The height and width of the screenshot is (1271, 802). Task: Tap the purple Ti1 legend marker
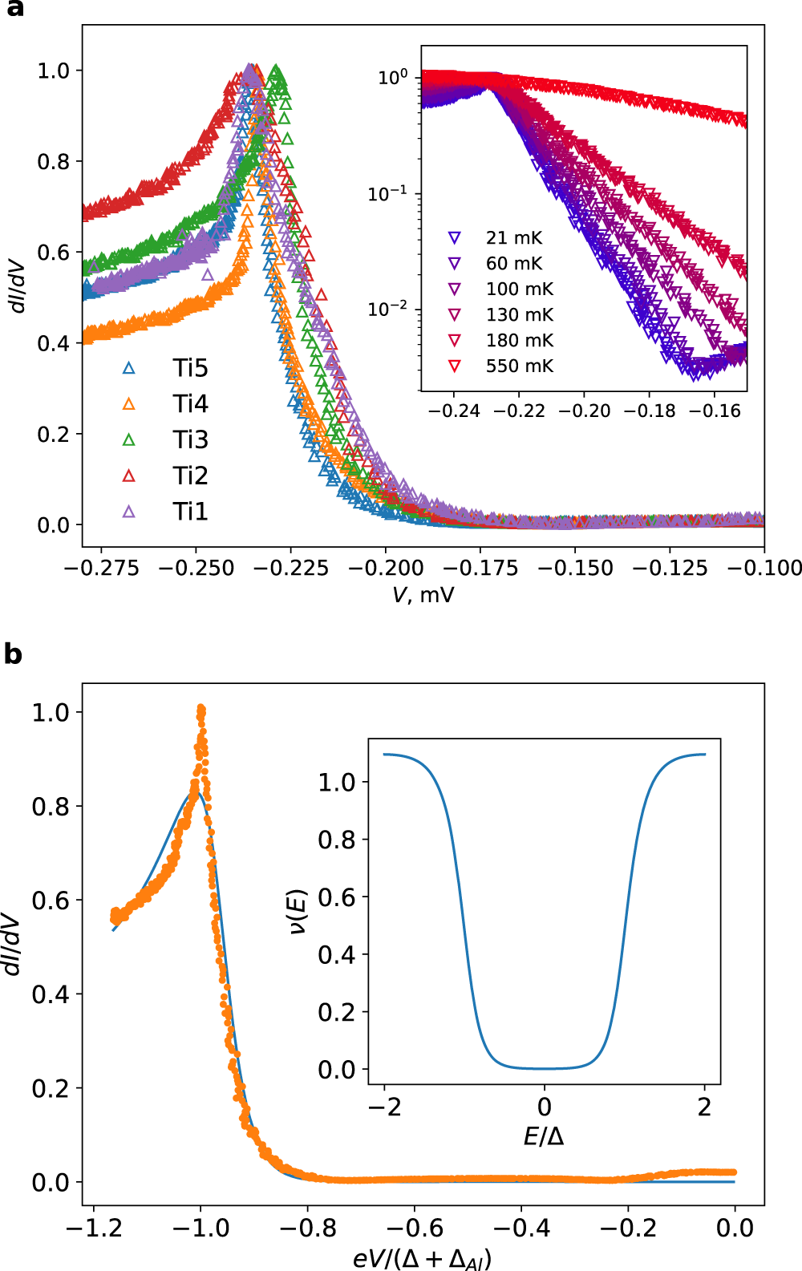[x=128, y=512]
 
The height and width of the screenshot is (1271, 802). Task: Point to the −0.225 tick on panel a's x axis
[x=291, y=568]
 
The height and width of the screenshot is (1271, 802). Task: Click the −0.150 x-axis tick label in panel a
[x=575, y=568]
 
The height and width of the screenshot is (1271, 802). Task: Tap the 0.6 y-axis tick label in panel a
[x=54, y=253]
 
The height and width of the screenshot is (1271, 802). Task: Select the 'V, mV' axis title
[x=423, y=595]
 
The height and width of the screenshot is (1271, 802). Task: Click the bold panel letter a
[x=14, y=10]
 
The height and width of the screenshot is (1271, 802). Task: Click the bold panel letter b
[x=13, y=654]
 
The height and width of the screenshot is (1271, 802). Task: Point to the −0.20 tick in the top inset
[x=584, y=411]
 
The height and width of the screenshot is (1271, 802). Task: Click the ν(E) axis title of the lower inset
[x=298, y=912]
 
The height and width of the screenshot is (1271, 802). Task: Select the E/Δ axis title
[x=544, y=1136]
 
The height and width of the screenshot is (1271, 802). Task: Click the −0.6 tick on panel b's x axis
[x=415, y=1228]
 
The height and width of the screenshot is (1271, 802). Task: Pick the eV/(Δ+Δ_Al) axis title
[x=423, y=1258]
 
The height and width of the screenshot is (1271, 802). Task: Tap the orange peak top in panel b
[x=201, y=709]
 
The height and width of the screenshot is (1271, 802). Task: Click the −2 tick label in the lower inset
[x=384, y=1107]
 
